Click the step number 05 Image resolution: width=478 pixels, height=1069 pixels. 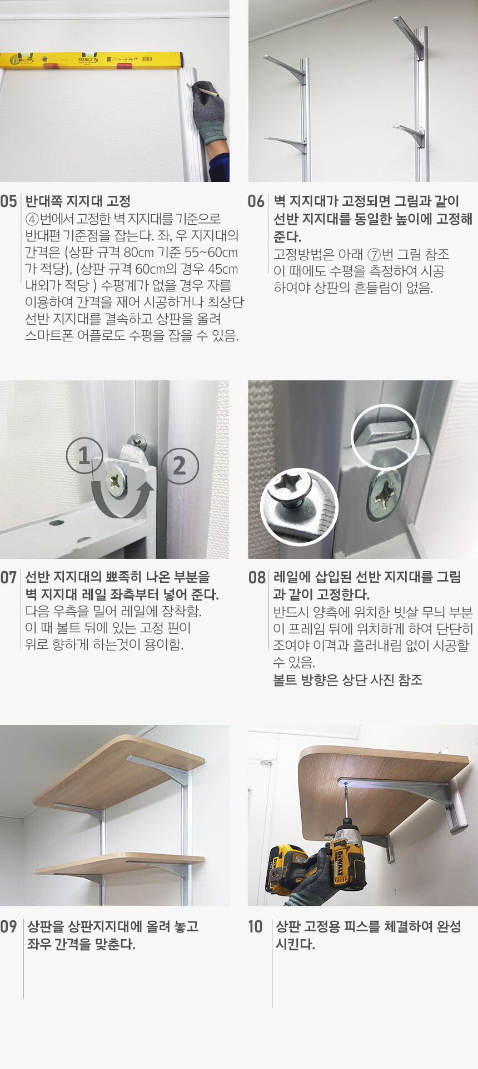(8, 201)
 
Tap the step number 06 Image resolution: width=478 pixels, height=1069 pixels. (256, 201)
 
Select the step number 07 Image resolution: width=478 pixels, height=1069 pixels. (8, 577)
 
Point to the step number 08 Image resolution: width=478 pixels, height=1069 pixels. (257, 577)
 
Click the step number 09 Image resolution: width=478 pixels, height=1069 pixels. (8, 926)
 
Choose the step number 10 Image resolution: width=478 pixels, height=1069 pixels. (255, 926)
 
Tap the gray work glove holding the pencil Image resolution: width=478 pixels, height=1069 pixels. (209, 113)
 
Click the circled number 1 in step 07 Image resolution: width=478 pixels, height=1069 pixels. (84, 456)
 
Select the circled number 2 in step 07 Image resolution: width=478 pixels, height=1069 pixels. (180, 466)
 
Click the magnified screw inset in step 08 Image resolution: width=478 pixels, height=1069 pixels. (299, 506)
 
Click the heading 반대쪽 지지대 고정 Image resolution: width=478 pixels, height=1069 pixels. (78, 201)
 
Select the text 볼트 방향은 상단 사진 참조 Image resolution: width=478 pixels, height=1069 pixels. (348, 680)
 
